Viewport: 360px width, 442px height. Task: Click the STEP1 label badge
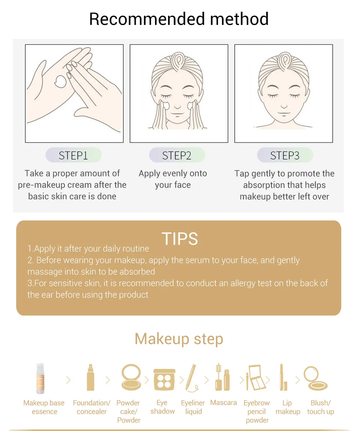pos(73,155)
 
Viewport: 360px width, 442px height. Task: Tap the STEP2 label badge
pos(177,155)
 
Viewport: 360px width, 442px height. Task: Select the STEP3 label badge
pos(285,155)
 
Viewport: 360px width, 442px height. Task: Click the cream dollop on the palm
pos(60,81)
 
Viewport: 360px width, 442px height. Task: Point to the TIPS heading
pos(180,238)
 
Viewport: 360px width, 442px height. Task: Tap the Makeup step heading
pos(179,339)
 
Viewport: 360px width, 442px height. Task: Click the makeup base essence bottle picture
pos(40,378)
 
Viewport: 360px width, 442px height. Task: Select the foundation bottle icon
pos(90,378)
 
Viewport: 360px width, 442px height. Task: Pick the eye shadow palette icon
pos(164,380)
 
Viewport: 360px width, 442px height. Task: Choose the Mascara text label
pos(223,403)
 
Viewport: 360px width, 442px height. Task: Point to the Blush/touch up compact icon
pos(315,378)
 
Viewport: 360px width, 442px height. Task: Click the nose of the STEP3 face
pos(284,106)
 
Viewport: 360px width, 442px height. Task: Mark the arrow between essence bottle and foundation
pos(68,380)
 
